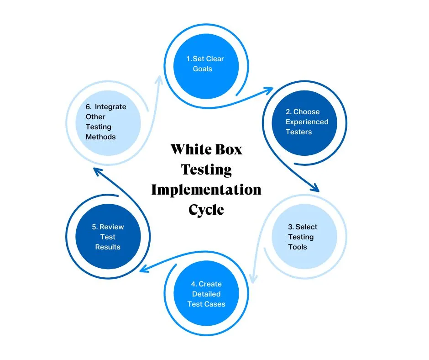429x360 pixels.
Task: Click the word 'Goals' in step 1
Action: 203,69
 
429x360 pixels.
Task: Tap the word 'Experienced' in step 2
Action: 307,122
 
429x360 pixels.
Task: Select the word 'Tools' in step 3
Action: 297,247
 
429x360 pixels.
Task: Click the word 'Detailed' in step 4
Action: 206,294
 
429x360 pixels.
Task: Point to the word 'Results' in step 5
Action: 108,247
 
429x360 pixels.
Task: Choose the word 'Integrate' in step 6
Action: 110,107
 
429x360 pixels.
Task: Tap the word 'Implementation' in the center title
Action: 206,189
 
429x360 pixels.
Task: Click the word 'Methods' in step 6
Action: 100,137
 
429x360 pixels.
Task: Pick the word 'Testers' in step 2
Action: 298,132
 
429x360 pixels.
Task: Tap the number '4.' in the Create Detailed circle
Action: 193,284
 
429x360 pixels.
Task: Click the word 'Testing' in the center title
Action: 206,169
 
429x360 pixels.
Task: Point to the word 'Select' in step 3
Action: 306,227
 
